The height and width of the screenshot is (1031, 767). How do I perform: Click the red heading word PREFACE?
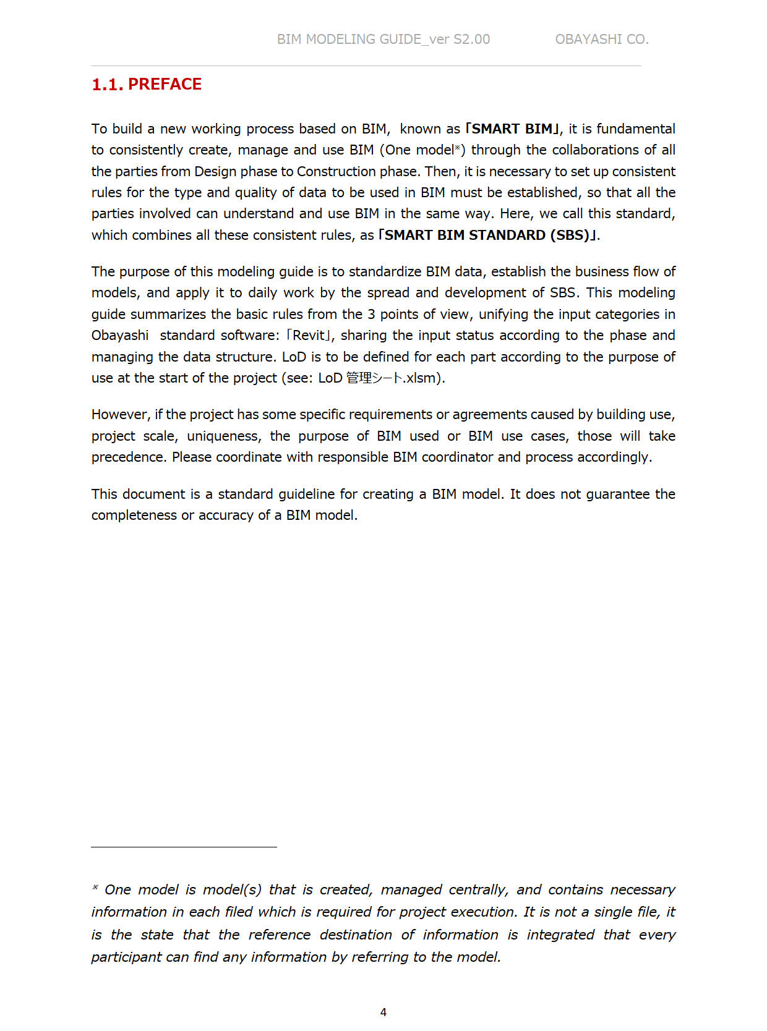(165, 84)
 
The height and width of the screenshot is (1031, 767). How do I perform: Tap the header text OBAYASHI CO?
(601, 39)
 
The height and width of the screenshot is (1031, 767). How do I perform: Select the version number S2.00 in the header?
(471, 39)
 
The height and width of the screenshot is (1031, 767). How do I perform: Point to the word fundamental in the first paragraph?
(635, 129)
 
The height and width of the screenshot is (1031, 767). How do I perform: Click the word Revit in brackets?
(309, 336)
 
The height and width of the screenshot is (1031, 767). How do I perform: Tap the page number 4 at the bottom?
(383, 1012)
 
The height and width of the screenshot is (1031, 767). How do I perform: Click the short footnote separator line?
(184, 847)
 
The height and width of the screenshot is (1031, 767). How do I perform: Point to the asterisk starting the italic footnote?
(95, 888)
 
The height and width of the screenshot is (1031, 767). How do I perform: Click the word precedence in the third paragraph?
(128, 457)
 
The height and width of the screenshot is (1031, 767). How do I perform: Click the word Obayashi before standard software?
(120, 336)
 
